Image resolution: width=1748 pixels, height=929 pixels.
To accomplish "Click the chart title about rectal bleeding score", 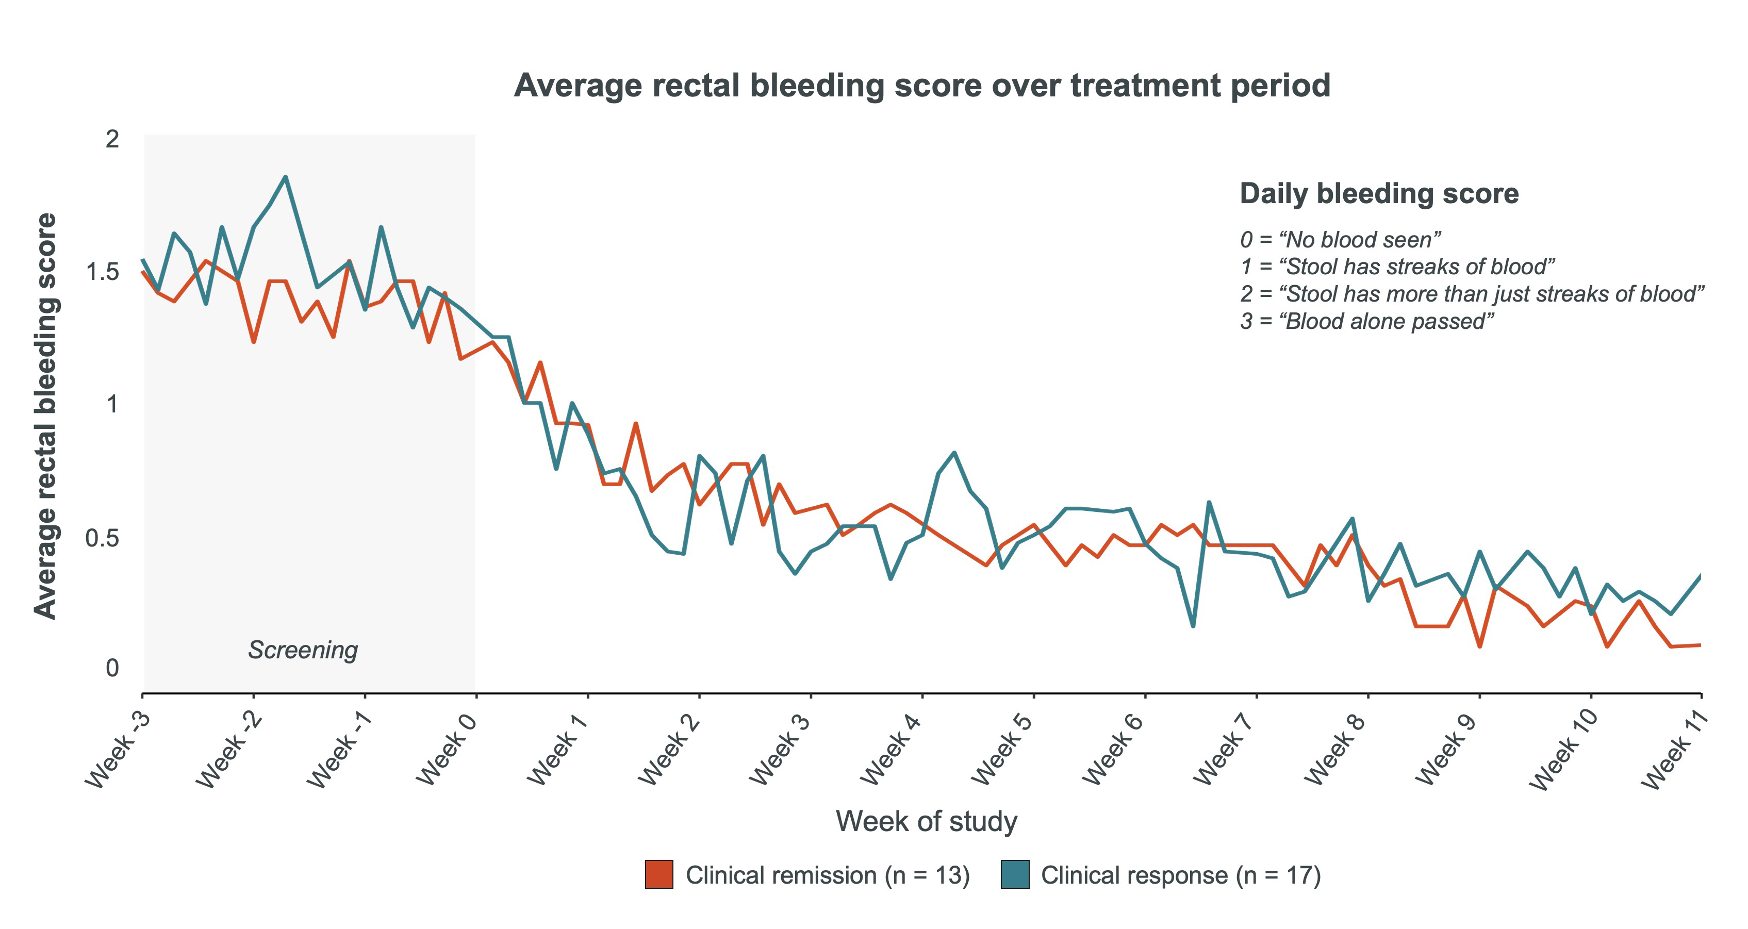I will pyautogui.click(x=921, y=86).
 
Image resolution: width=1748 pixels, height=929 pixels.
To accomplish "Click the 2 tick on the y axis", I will pyautogui.click(x=112, y=139).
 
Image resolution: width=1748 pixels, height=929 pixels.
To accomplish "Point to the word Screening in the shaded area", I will pyautogui.click(x=303, y=650).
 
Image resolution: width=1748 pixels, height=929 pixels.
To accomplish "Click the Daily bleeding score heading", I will pyautogui.click(x=1379, y=193).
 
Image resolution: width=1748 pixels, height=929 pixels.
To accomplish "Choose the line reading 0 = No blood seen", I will pyautogui.click(x=1340, y=240).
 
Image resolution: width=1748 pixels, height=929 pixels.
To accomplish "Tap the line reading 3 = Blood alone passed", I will pyautogui.click(x=1366, y=321).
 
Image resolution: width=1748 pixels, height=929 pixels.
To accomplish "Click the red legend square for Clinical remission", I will pyautogui.click(x=659, y=875).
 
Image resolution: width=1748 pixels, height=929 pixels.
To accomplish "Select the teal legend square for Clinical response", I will pyautogui.click(x=1014, y=875).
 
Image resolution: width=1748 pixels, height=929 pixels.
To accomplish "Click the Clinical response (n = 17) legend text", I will pyautogui.click(x=1181, y=875).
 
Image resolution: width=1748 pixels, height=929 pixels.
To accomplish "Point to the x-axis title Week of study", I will pyautogui.click(x=926, y=821).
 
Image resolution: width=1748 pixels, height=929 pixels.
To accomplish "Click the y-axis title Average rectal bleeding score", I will pyautogui.click(x=45, y=416).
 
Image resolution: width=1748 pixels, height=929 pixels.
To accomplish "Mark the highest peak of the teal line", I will pyautogui.click(x=286, y=177).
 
